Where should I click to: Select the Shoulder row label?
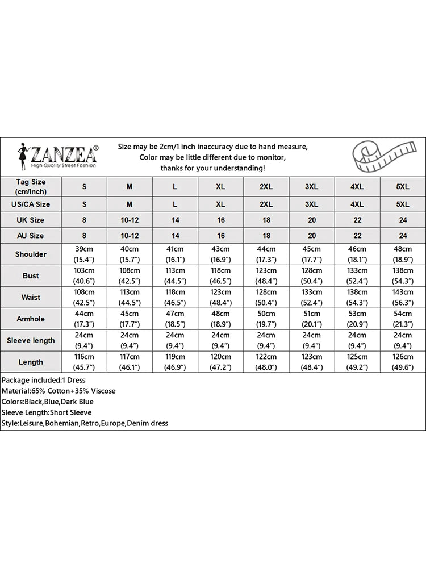click(31, 254)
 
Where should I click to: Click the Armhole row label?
click(31, 319)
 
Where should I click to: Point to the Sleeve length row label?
click(31, 340)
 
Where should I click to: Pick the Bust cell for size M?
click(130, 275)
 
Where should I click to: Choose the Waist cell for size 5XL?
click(402, 297)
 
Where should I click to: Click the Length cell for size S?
click(85, 362)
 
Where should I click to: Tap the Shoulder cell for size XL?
click(220, 254)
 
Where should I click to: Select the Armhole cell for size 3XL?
click(312, 319)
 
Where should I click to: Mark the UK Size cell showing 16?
click(220, 220)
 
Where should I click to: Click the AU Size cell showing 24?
click(402, 235)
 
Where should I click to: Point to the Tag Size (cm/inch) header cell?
click(31, 186)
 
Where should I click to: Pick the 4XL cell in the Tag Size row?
click(357, 186)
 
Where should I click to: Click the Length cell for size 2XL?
click(266, 362)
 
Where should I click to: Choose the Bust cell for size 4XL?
click(357, 275)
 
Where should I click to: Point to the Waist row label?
click(31, 297)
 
